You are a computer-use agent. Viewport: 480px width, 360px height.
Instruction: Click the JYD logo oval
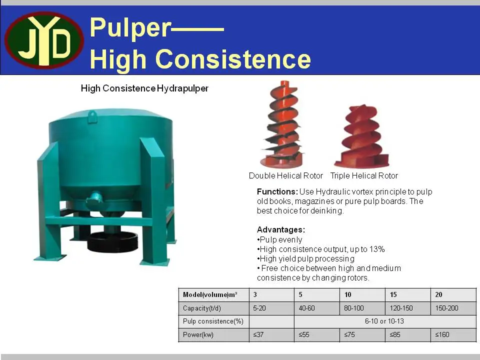[x=44, y=40]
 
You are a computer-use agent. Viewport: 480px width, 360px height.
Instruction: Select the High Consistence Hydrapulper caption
[x=144, y=88]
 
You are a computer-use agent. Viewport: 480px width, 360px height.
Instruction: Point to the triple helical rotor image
[x=361, y=137]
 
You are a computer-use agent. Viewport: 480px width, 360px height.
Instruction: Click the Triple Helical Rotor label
[x=364, y=175]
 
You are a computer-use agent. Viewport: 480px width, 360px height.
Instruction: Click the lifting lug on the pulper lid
[x=92, y=116]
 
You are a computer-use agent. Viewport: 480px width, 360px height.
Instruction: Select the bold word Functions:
[x=277, y=191]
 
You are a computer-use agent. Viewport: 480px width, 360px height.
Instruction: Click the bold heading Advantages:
[x=280, y=230]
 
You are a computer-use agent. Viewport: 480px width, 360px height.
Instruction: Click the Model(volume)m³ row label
[x=210, y=294]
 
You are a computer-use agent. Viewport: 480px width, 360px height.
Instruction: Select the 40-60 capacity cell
[x=307, y=308]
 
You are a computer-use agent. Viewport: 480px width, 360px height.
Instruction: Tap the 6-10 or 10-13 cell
[x=384, y=321]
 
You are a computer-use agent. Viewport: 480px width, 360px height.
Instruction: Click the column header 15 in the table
[x=393, y=294]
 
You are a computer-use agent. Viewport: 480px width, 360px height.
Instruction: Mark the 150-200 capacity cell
[x=446, y=308]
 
